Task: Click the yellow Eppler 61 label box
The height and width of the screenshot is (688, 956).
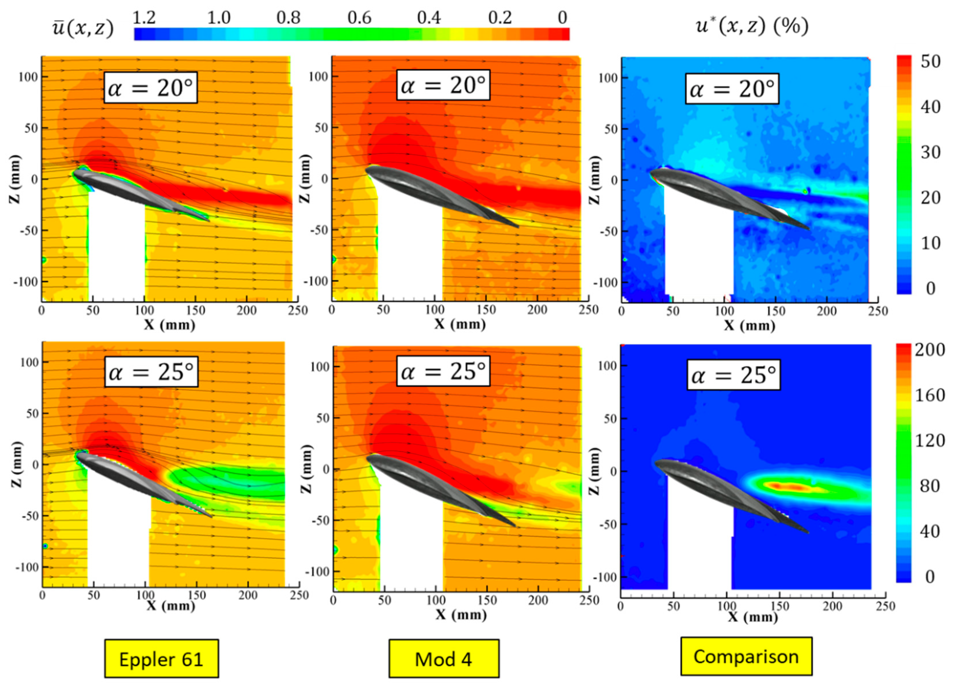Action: click(x=161, y=659)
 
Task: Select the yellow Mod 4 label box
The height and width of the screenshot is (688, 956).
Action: click(x=443, y=659)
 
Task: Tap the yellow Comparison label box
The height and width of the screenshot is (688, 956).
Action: click(x=746, y=656)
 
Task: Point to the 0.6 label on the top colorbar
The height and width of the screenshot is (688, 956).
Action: click(x=359, y=18)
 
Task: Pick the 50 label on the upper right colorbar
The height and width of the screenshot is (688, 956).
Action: click(x=930, y=61)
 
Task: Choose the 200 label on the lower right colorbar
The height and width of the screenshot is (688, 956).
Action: click(x=929, y=350)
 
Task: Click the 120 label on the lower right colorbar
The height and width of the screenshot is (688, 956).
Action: click(x=929, y=440)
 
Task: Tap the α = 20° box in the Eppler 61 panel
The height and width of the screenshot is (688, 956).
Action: click(x=151, y=88)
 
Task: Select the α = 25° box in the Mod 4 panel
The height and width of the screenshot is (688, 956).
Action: click(x=443, y=371)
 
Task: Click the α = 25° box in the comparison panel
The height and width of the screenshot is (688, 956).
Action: click(x=734, y=375)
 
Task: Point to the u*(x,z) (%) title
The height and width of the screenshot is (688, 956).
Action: click(x=752, y=26)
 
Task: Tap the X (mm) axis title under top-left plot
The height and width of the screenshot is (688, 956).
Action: click(x=170, y=324)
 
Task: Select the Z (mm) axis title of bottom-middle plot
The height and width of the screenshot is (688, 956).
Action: click(x=306, y=469)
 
